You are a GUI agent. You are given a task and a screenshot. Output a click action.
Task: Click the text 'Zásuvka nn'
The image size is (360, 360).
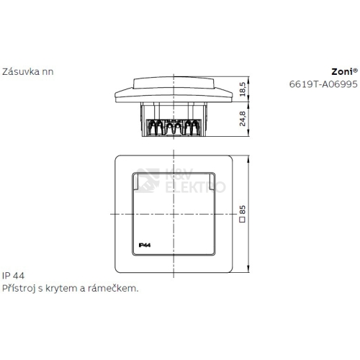[x=27, y=71]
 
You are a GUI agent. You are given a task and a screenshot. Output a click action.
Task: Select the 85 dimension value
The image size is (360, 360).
[x=243, y=210]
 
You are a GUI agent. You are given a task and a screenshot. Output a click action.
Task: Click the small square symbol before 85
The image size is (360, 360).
[x=243, y=220]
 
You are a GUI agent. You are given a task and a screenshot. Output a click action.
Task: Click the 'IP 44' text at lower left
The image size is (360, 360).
[x=14, y=276]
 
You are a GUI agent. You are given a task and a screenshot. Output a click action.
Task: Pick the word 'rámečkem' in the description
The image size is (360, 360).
[x=114, y=287]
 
